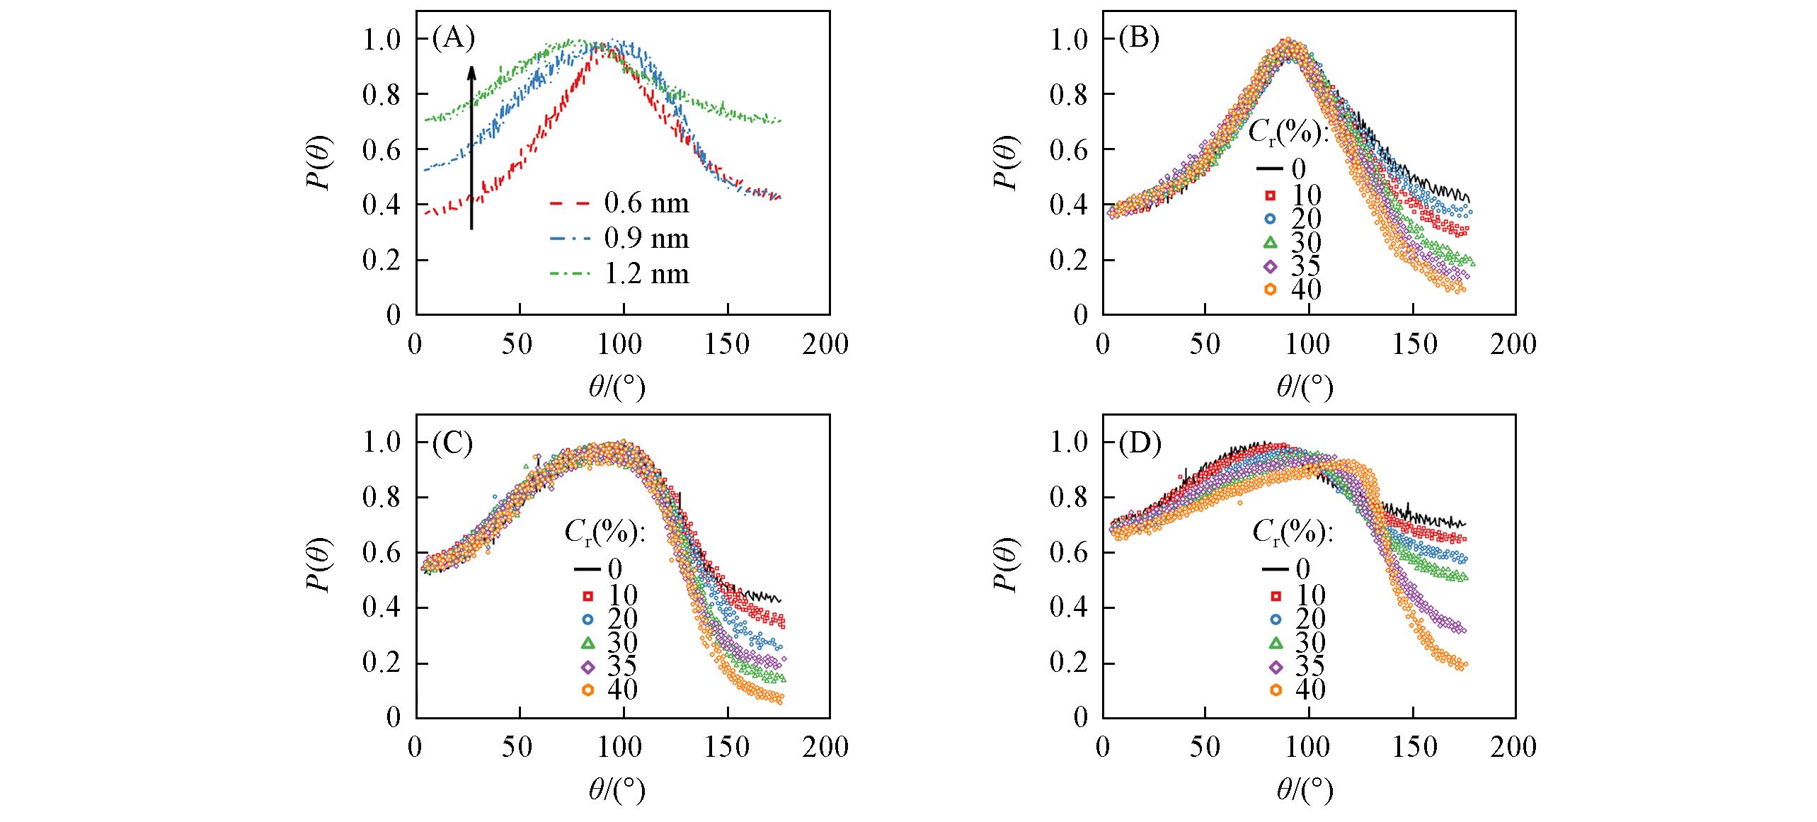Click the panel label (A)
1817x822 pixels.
[x=454, y=39]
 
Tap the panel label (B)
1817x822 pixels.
[x=1140, y=39]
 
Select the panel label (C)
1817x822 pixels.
[x=452, y=443]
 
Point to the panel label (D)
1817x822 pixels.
[x=1140, y=443]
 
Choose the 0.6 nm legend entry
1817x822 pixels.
[x=620, y=204]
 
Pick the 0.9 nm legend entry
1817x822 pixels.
[x=620, y=239]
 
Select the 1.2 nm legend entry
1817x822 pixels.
[x=620, y=273]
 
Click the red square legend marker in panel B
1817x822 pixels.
[x=1271, y=195]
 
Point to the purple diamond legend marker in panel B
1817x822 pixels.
[x=1271, y=266]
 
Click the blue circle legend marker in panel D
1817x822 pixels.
[x=1276, y=619]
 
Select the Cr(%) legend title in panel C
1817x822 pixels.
[x=604, y=535]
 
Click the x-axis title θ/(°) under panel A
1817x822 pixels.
[x=617, y=387]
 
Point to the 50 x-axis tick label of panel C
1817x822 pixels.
[x=518, y=748]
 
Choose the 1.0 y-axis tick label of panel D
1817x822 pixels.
[x=1069, y=443]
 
